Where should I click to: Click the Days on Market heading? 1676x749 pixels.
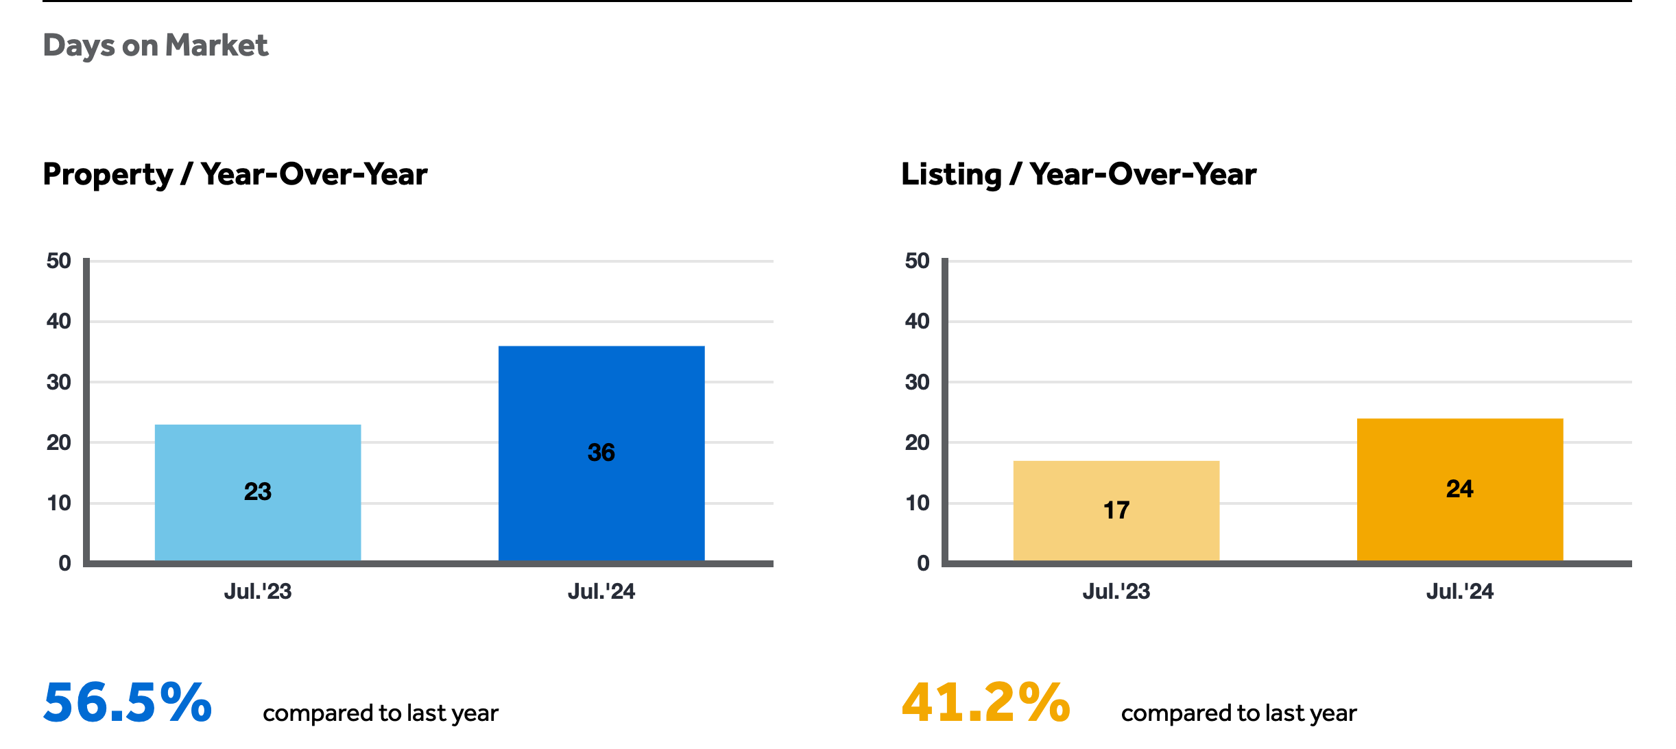pos(156,46)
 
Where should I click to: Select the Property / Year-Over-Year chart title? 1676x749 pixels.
pos(235,174)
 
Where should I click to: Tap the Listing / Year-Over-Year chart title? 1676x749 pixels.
pos(1079,174)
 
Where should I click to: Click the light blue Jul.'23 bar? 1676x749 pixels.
pos(258,492)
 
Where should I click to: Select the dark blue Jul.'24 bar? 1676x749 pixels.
pos(601,453)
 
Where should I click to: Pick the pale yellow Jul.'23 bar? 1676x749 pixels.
pos(1116,511)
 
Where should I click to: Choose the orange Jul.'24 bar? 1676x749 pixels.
pos(1460,490)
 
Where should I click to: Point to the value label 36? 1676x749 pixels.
pos(601,453)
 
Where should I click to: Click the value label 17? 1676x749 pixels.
pos(1116,510)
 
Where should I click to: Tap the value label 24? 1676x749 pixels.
pos(1460,489)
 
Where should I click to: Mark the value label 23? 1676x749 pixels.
pos(258,492)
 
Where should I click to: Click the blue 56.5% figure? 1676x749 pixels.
pos(128,702)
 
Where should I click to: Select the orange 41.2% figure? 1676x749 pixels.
pos(986,702)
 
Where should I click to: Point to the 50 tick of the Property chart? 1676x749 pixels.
pos(59,261)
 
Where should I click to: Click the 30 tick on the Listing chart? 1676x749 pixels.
pos(918,382)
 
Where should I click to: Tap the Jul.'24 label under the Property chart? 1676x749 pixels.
pos(601,591)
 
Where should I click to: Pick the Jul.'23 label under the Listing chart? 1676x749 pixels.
pos(1116,591)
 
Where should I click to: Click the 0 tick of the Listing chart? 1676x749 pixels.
pos(924,563)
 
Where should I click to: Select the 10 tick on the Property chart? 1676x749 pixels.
pos(59,503)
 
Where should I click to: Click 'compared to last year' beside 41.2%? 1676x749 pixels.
pos(1239,713)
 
